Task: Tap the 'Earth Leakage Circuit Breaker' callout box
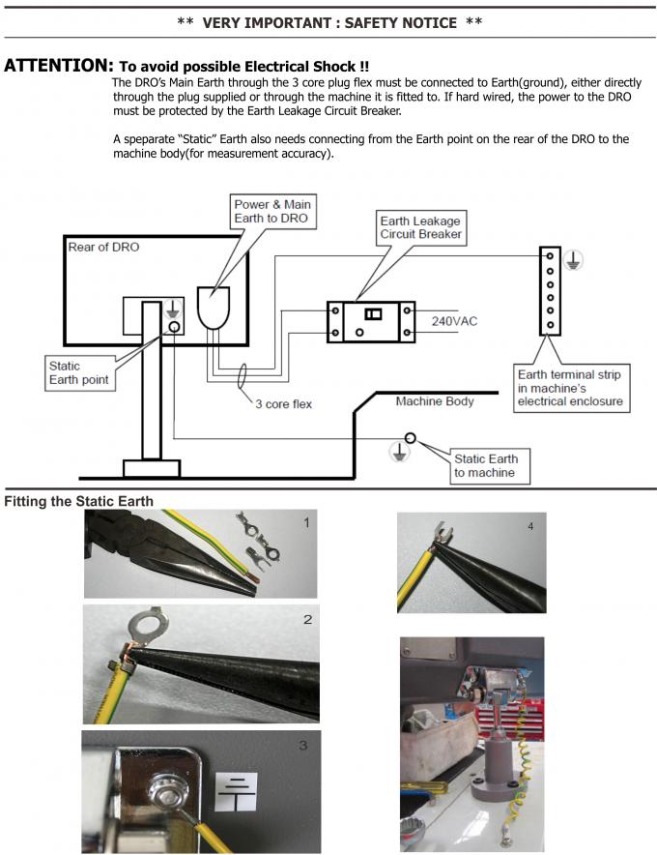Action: click(420, 226)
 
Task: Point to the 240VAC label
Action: click(455, 319)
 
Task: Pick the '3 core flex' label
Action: click(283, 403)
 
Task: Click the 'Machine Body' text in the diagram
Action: click(434, 400)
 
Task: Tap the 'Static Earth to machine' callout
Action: click(485, 465)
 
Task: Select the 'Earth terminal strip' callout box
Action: click(568, 387)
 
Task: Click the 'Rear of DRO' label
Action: click(103, 248)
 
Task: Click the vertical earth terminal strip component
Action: click(550, 290)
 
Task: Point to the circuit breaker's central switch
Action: click(372, 313)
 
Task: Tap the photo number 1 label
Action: click(306, 523)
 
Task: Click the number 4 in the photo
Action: click(529, 526)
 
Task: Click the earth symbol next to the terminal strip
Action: click(574, 259)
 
